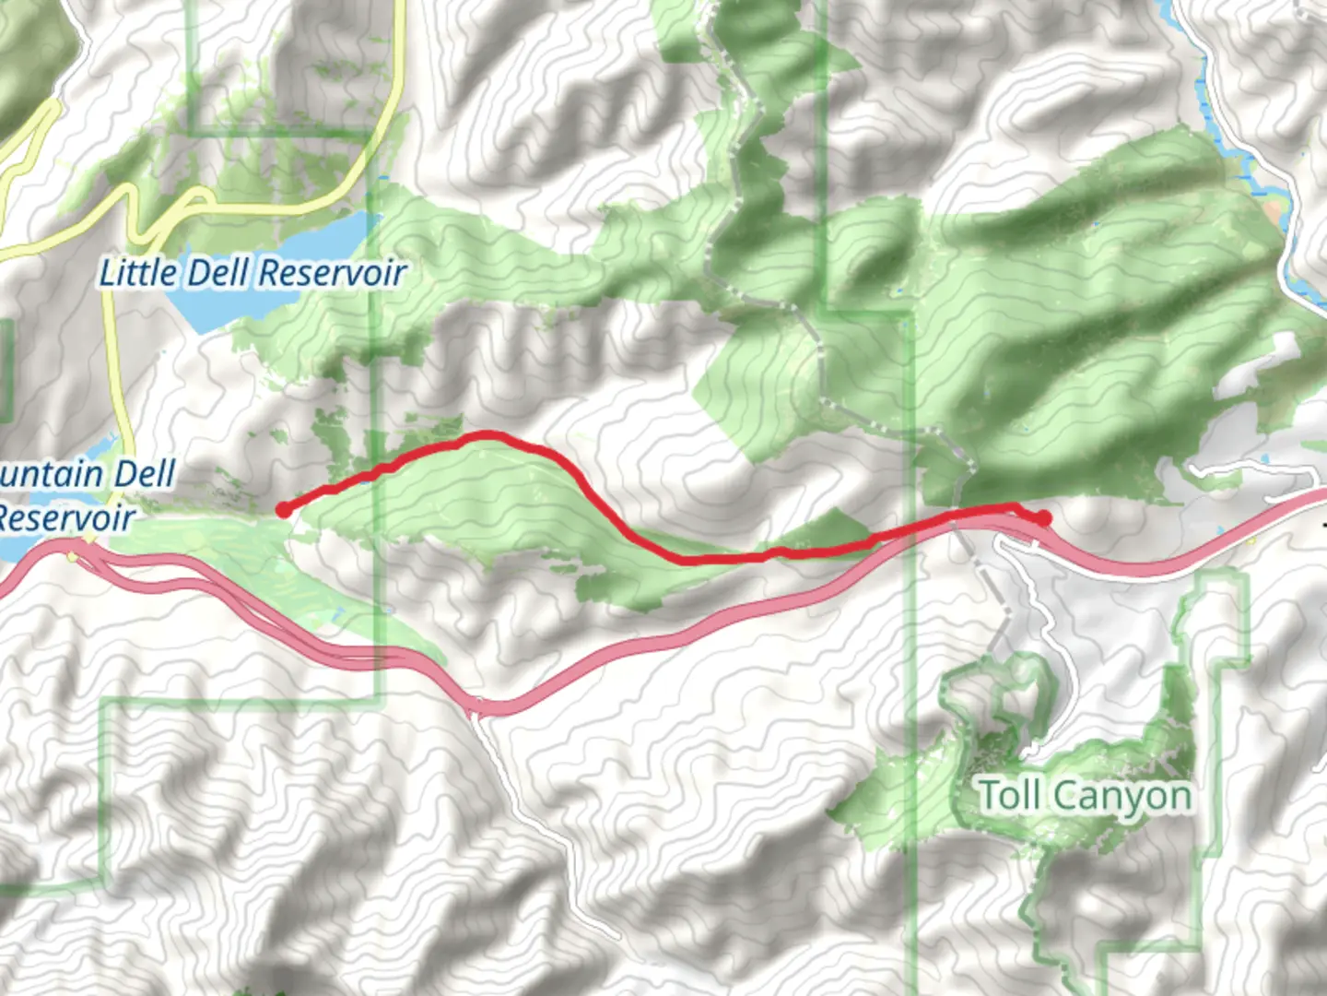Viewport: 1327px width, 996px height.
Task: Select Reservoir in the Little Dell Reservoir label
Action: pos(331,273)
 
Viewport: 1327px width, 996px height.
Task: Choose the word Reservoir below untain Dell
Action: pos(66,517)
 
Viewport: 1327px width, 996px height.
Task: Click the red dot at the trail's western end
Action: pos(284,509)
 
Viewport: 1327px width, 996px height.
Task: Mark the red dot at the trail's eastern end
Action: pos(1043,518)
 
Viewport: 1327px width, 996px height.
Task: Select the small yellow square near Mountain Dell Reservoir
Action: pos(73,556)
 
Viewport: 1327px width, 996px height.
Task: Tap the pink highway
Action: pos(645,646)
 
